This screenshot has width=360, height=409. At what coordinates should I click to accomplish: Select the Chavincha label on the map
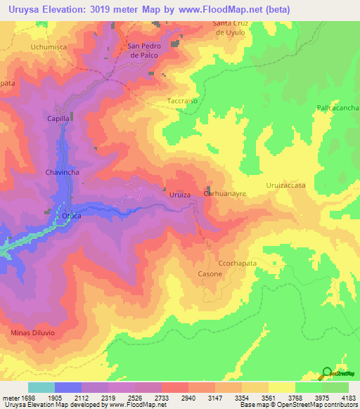pos(65,171)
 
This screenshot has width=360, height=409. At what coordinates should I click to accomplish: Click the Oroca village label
pos(72,216)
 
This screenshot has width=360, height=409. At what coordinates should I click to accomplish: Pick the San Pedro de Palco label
pos(144,51)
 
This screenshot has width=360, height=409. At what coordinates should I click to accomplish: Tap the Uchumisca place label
pos(48,46)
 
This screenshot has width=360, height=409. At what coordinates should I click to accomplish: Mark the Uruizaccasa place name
pos(285,185)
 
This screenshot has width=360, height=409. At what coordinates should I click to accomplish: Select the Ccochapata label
pos(238,260)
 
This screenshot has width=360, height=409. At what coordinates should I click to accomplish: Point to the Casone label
pos(210,273)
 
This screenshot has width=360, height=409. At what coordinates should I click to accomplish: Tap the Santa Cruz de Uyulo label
pos(231,27)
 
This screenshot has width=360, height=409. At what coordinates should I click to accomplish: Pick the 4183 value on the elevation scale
pos(347,398)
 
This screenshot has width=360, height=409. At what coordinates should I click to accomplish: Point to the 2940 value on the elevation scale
pos(188,398)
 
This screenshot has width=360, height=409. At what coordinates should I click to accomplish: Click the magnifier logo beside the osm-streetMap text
pos(327,373)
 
